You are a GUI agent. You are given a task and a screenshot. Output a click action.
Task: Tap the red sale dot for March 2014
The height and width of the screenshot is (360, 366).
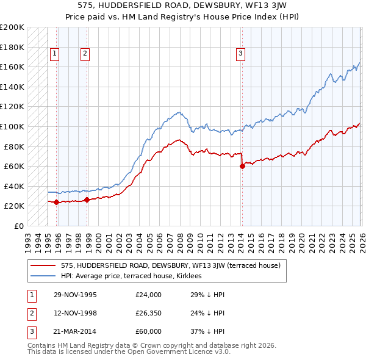coord(242,166)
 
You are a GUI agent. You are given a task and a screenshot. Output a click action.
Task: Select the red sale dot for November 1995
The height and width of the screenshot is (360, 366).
coord(57,202)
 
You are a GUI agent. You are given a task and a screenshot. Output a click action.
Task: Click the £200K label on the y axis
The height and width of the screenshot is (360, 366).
coord(13,27)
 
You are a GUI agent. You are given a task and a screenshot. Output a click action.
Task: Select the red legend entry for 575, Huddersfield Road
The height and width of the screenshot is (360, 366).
coord(170,265)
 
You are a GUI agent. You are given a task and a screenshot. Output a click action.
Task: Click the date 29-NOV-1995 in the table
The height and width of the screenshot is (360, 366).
coord(75,295)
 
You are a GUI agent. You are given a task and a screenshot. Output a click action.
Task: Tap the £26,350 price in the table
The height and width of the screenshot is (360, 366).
coord(149,313)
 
